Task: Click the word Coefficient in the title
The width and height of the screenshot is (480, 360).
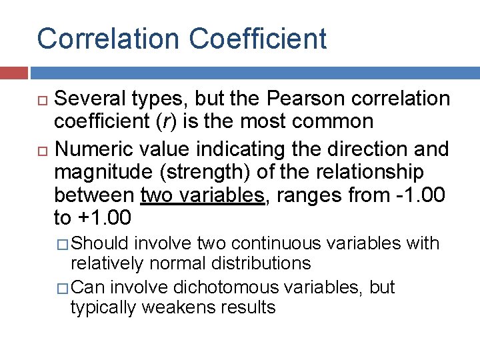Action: (x=258, y=39)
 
